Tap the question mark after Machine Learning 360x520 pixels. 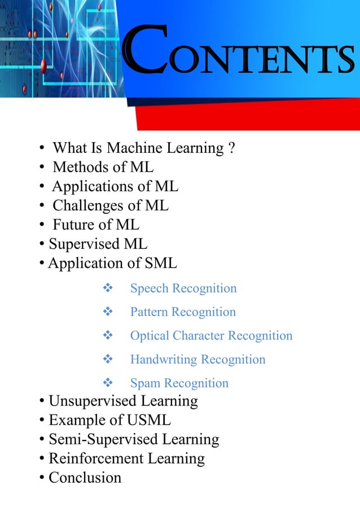point(231,148)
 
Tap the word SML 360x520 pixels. point(161,263)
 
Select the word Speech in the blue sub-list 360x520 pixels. point(149,289)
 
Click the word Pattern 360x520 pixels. point(149,312)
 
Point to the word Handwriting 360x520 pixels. point(164,360)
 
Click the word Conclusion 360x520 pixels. point(85,478)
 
